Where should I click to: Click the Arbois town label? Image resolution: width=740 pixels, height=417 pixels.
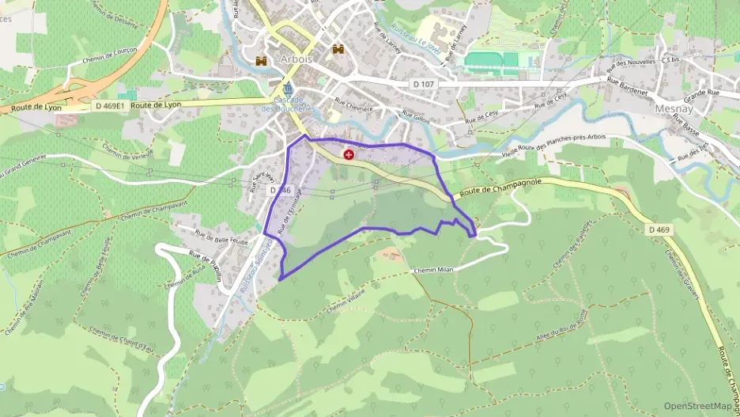(x=296, y=59)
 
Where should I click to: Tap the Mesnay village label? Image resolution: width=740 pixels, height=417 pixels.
(x=674, y=109)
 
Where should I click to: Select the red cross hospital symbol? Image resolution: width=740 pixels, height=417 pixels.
(x=349, y=155)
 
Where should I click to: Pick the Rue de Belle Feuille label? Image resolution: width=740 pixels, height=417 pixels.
(x=222, y=240)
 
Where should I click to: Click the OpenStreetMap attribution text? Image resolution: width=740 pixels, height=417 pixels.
(x=698, y=406)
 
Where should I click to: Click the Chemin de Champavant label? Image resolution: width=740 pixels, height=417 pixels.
(x=150, y=213)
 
